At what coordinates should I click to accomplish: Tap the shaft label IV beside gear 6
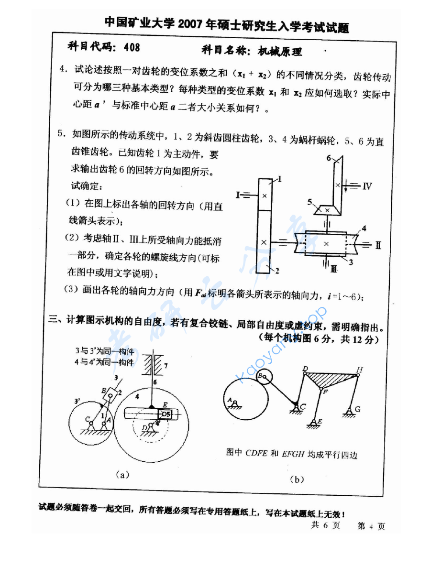366,186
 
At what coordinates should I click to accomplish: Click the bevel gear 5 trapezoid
327,209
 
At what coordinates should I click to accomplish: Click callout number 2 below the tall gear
276,271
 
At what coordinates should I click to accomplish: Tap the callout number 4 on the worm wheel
364,229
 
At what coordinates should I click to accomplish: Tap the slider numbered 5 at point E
165,414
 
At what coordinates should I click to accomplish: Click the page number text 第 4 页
371,526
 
